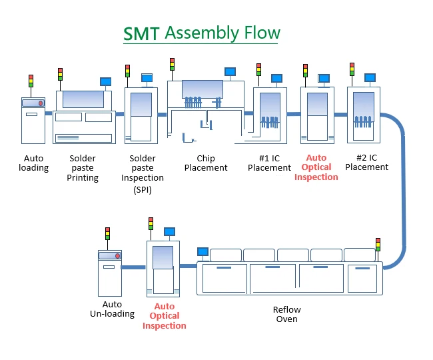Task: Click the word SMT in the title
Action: click(141, 34)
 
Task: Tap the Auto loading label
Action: click(34, 163)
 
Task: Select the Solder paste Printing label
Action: click(83, 168)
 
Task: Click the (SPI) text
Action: click(143, 190)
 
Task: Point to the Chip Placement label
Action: click(206, 163)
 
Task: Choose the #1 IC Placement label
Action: click(269, 163)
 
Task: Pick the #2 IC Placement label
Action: click(367, 163)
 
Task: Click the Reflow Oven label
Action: click(287, 314)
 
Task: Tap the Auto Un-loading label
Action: click(112, 309)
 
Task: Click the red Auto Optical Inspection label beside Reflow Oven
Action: click(165, 316)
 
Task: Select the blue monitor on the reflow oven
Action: click(203, 252)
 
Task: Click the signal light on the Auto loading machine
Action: click(31, 81)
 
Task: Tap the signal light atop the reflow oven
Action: click(378, 245)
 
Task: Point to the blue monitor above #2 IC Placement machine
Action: click(370, 77)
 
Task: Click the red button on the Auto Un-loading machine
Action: click(118, 256)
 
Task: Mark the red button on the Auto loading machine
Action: click(41, 103)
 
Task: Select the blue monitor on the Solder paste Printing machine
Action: click(105, 82)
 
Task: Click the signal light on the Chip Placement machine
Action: click(173, 65)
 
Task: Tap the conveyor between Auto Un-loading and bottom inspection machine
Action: click(133, 267)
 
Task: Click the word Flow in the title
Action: click(262, 33)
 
